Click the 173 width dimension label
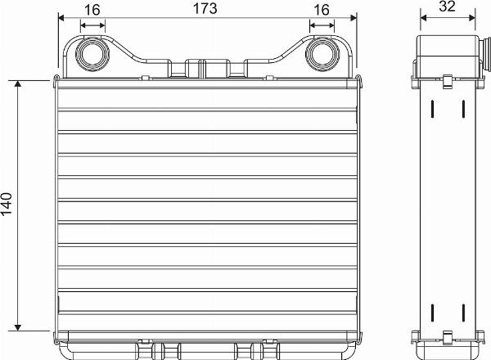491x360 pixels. [204, 9]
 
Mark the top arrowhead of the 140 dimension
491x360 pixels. [19, 85]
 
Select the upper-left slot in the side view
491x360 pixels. [431, 109]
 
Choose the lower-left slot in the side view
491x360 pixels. [431, 313]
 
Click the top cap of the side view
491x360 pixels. [447, 54]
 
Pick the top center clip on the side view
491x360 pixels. [447, 82]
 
